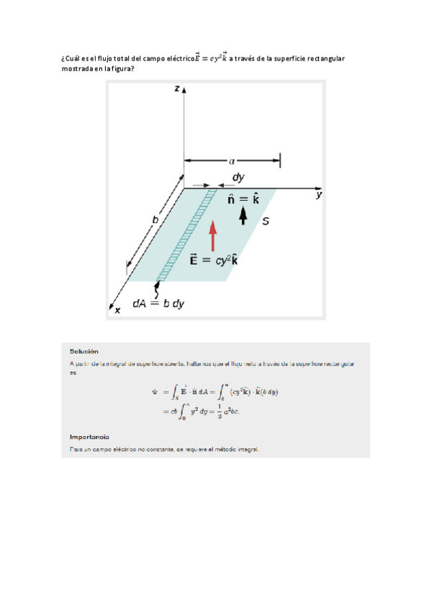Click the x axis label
coord(118,310)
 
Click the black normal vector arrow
coord(243,214)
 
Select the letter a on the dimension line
coord(232,161)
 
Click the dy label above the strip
coord(237,177)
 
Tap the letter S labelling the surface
coord(265,222)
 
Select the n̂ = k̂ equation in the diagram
coord(243,199)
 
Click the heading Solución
coord(84,351)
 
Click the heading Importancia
coord(89,437)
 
